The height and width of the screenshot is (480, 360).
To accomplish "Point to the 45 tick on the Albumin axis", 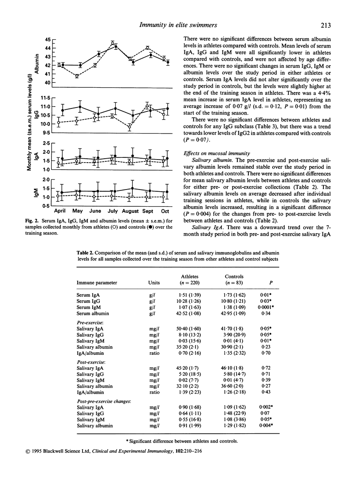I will (47, 39).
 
